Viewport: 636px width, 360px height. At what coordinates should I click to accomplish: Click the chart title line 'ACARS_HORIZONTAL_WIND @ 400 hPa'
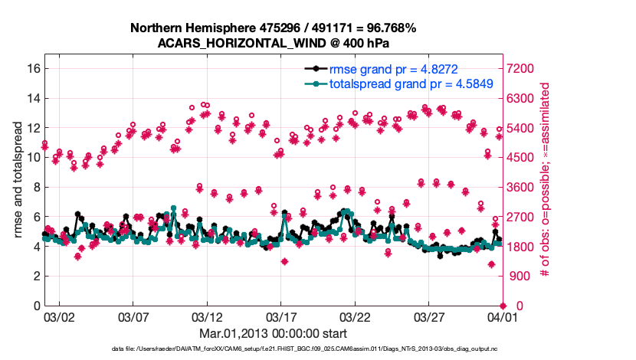273,43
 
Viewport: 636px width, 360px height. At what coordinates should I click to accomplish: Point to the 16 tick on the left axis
32,68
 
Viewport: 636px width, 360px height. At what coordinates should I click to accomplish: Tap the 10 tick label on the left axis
32,157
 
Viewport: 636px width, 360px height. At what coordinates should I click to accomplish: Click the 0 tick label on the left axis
35,306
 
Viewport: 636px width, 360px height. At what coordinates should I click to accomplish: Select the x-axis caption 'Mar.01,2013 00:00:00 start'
273,333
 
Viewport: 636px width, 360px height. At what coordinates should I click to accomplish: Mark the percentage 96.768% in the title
391,28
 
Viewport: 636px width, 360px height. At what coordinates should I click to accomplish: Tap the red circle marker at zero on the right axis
502,306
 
